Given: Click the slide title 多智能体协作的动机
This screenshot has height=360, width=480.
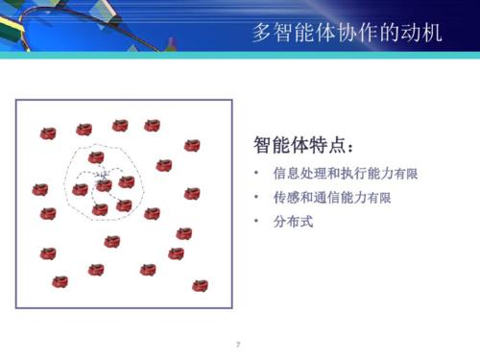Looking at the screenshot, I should tap(347, 33).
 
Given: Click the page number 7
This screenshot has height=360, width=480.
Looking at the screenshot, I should tap(238, 343).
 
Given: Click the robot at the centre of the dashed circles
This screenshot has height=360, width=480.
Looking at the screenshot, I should tap(104, 184).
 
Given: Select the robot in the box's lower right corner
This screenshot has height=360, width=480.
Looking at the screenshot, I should tap(200, 285).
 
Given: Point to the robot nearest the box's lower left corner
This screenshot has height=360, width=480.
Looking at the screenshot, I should tap(60, 281).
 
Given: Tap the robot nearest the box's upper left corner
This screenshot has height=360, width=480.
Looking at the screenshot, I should tap(48, 133).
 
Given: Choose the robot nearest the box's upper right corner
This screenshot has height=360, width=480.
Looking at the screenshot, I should tap(192, 145).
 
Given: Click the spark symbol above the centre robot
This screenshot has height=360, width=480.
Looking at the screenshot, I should tap(104, 174).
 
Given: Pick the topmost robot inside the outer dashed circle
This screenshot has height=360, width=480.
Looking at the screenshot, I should tap(96, 157).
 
